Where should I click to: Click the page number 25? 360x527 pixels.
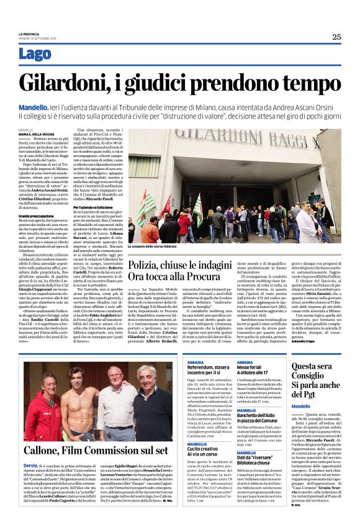336,37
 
